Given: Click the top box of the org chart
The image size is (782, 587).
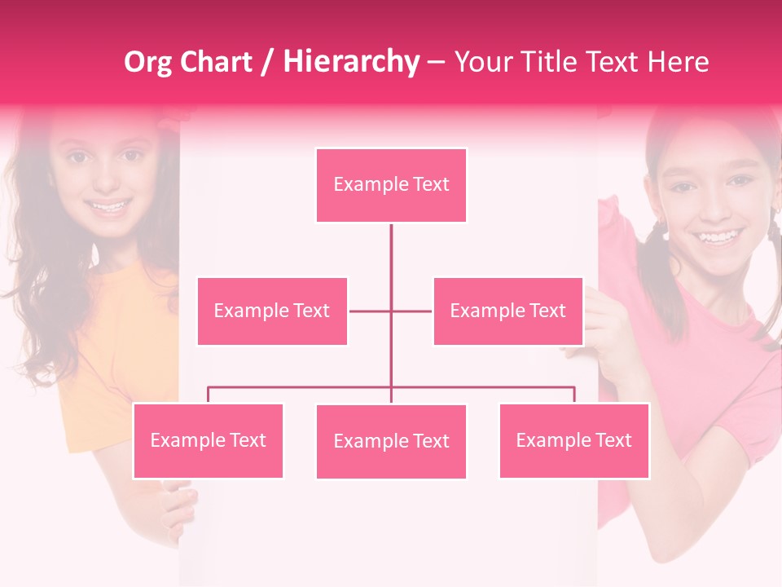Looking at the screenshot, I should coord(391,185).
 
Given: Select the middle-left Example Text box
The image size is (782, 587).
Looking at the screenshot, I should coord(272,311).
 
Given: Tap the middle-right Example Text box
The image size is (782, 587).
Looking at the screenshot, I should coord(507,311).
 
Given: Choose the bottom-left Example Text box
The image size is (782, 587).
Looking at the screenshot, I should coord(208,441).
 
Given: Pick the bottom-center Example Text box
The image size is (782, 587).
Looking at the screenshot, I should coord(391,442).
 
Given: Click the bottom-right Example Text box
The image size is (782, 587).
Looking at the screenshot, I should coord(573,441).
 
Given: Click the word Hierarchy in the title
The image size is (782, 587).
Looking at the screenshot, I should coord(351,62).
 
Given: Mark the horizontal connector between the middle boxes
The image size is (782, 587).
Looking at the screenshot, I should coord(390,311).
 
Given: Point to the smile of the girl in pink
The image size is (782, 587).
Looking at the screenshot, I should coord(718,238).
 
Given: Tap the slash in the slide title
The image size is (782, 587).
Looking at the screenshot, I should coord(267,62).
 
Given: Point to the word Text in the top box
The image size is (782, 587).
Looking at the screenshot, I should coord(430,185).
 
